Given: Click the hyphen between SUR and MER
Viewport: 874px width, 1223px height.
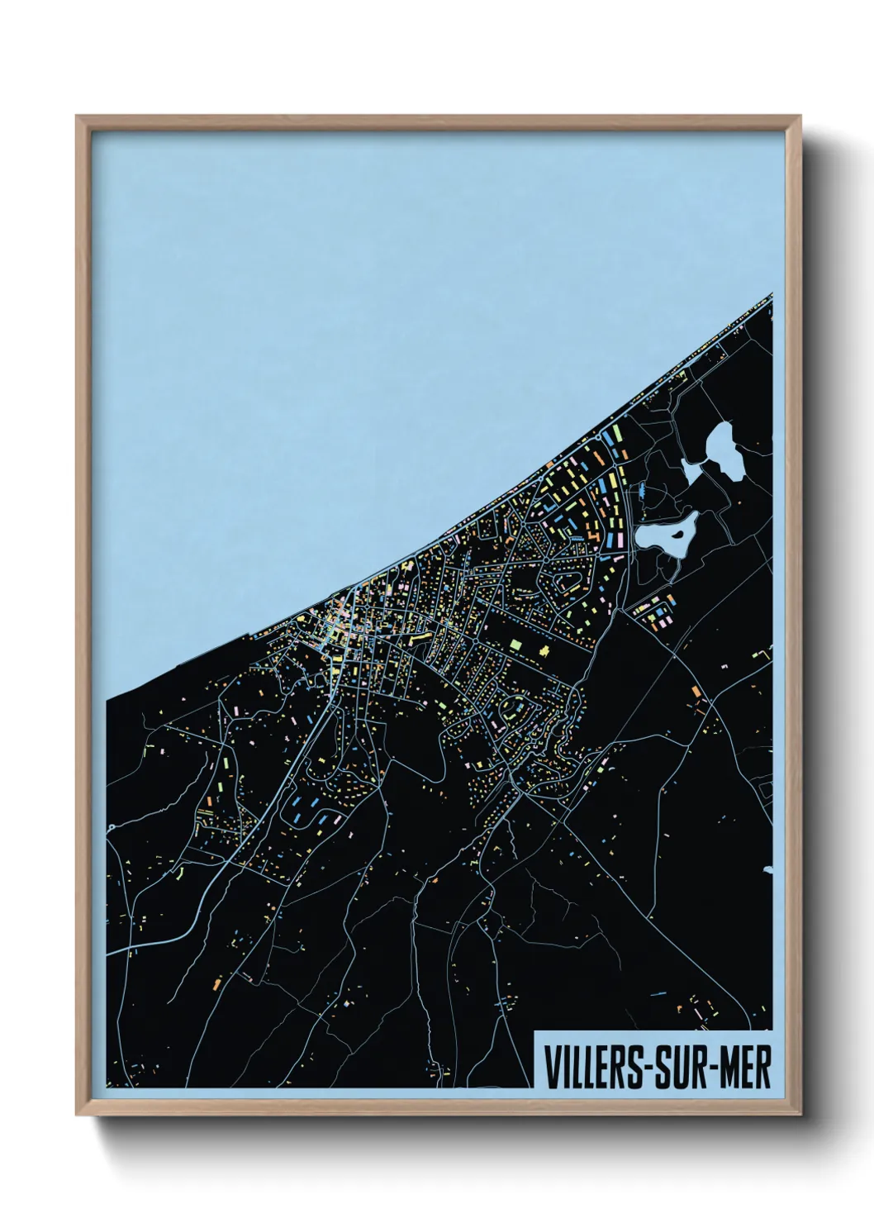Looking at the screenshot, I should pyautogui.click(x=716, y=1068).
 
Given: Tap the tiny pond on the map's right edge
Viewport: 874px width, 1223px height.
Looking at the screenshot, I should pyautogui.click(x=768, y=868).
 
